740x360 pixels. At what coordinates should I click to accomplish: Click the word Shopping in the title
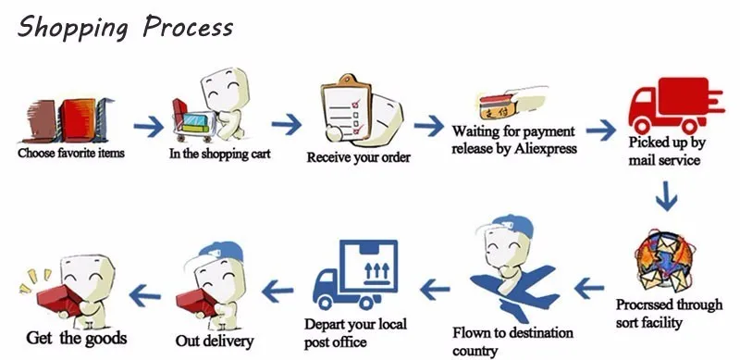pyautogui.click(x=73, y=28)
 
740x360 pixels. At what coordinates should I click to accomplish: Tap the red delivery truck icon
pyautogui.click(x=676, y=106)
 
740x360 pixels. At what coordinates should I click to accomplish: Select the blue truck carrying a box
pyautogui.click(x=356, y=274)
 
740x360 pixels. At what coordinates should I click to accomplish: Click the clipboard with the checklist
pyautogui.click(x=346, y=108)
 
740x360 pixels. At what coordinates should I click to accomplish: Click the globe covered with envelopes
pyautogui.click(x=663, y=263)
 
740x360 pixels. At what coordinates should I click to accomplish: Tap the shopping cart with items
pyautogui.click(x=192, y=121)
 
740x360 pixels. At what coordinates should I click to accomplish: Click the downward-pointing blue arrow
pyautogui.click(x=666, y=195)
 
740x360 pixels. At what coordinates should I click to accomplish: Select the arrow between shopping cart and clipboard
pyautogui.click(x=287, y=125)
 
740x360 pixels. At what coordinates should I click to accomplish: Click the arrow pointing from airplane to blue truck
pyautogui.click(x=435, y=290)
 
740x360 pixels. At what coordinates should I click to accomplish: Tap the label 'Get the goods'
pyautogui.click(x=77, y=338)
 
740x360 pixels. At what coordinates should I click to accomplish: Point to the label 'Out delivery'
pyautogui.click(x=215, y=341)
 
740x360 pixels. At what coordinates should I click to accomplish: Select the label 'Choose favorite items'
pyautogui.click(x=71, y=153)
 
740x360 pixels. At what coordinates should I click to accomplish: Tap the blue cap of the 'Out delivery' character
pyautogui.click(x=220, y=252)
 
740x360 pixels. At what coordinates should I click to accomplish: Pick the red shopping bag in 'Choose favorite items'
pyautogui.click(x=78, y=120)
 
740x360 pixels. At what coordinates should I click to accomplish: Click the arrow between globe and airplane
pyautogui.click(x=589, y=288)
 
